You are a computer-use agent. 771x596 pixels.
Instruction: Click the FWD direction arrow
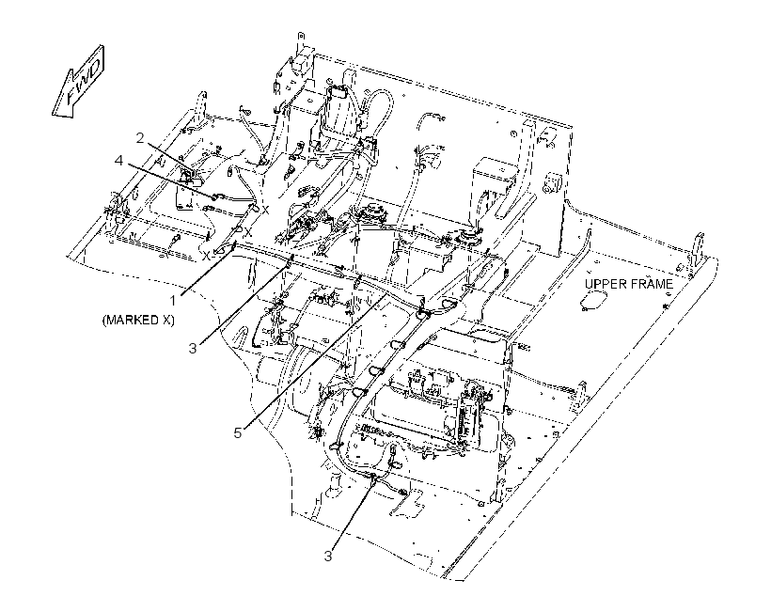tap(78, 82)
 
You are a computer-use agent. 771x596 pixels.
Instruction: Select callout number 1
tap(172, 300)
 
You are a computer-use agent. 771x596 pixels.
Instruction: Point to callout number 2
tap(140, 138)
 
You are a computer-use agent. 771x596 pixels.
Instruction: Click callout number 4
tap(118, 161)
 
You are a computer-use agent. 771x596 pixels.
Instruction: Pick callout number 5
tap(238, 433)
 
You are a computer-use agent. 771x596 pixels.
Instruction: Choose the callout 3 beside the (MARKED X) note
tap(193, 348)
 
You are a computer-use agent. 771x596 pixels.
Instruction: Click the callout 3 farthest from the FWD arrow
tap(328, 557)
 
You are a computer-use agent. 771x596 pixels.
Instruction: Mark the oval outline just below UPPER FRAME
tap(592, 300)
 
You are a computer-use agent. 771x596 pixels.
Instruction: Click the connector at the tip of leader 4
tap(215, 197)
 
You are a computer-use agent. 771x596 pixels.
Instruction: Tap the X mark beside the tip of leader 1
tap(208, 256)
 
